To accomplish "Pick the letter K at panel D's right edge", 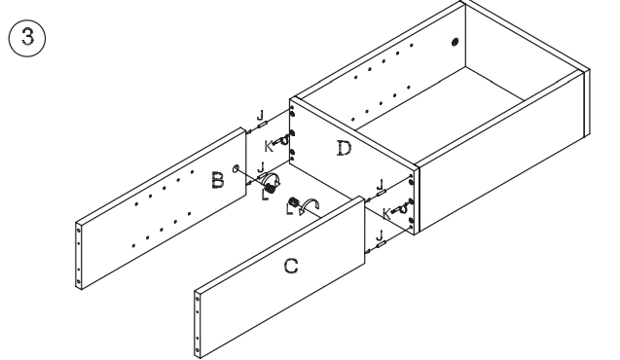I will tap(387, 213).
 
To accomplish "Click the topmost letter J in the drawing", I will tap(260, 115).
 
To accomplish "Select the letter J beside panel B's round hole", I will tap(260, 167).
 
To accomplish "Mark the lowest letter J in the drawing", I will tap(381, 234).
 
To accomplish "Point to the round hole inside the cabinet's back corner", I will tap(455, 43).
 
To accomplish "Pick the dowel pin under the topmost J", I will tap(263, 126).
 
